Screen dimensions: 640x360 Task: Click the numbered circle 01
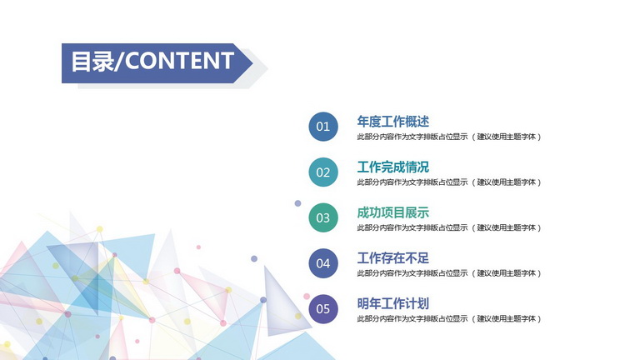(323, 127)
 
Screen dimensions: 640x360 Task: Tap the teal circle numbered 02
(323, 172)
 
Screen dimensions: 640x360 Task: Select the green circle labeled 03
(323, 217)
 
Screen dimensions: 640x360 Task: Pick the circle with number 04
(323, 263)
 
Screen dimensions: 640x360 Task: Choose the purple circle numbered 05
(323, 309)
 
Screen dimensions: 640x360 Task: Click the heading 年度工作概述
(393, 121)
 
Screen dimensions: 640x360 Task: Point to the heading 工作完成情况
(393, 167)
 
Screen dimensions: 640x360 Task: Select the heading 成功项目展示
(393, 212)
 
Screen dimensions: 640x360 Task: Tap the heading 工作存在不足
(393, 258)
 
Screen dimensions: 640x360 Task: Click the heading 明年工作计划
(393, 303)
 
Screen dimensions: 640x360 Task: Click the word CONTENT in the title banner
(179, 61)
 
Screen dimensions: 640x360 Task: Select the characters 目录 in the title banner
(92, 62)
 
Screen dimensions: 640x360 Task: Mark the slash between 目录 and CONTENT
(119, 62)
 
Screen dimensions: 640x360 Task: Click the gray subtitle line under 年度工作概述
(449, 137)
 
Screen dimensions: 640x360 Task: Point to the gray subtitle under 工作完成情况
(449, 182)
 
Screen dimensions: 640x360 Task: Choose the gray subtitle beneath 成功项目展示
(449, 227)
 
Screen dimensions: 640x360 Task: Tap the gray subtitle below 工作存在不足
(449, 273)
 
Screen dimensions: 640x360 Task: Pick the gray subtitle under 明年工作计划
(449, 319)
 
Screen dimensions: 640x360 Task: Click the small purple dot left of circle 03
(298, 203)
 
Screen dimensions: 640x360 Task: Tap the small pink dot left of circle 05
(307, 297)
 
